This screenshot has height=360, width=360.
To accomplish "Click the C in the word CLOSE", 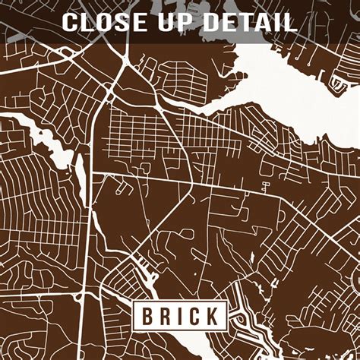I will click(71, 21).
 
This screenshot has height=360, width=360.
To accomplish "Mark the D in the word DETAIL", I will click(212, 21).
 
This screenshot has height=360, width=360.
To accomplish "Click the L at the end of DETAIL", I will click(289, 21).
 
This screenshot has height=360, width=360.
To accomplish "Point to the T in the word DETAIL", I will click(245, 21).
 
